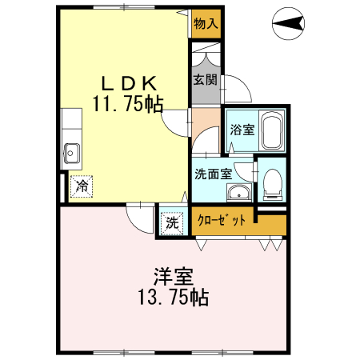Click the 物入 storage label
tap(206, 23)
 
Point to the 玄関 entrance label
tap(204, 80)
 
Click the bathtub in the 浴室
tap(272, 131)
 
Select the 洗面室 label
tap(213, 172)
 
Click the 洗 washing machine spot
tap(172, 223)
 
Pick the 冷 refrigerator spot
tap(82, 186)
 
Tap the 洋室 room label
tap(174, 278)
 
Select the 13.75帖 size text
tap(174, 300)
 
